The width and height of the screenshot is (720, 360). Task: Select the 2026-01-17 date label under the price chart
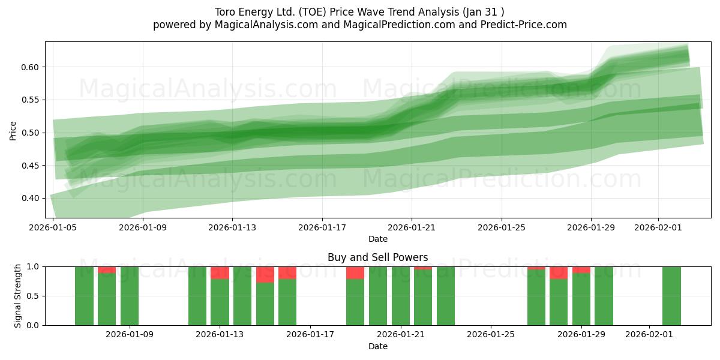(322, 227)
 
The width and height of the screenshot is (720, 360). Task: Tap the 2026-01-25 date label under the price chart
(502, 227)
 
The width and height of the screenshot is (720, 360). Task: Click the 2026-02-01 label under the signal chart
(650, 335)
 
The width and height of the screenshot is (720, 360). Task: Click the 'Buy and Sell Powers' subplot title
(378, 257)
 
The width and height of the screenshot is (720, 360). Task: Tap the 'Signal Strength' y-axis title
(18, 296)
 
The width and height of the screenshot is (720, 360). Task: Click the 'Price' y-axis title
(13, 130)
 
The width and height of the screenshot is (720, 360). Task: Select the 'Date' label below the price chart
(378, 239)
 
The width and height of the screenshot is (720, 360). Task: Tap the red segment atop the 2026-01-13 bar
(220, 273)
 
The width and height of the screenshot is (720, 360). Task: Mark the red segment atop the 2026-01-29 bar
(581, 270)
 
